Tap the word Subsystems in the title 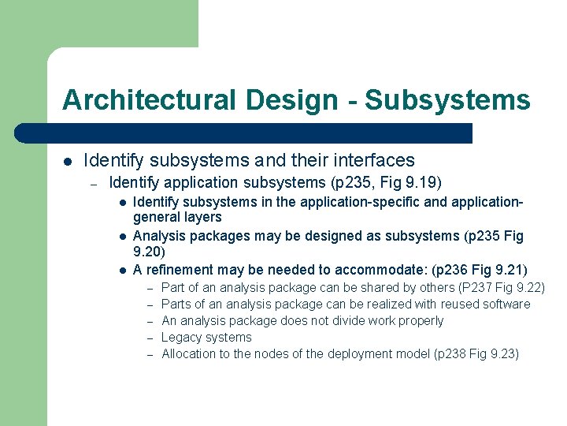447,100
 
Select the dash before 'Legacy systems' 150,338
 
